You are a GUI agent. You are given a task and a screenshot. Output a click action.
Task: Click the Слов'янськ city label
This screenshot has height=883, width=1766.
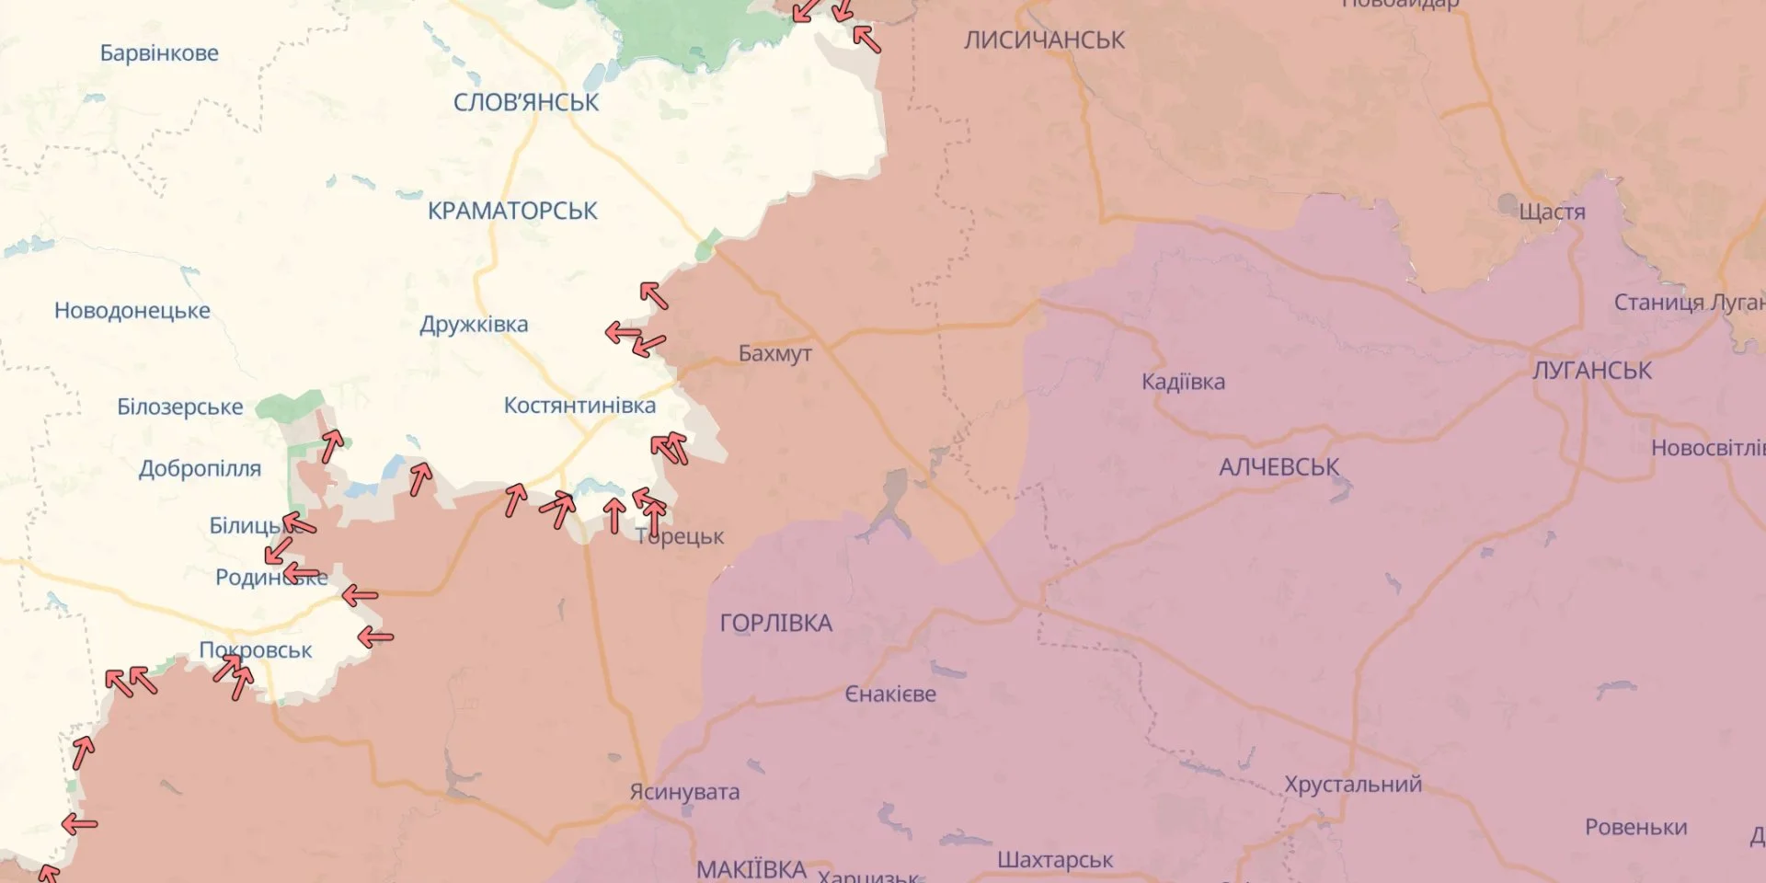[x=525, y=102]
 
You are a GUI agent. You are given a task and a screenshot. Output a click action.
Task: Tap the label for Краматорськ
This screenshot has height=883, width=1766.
[x=512, y=211]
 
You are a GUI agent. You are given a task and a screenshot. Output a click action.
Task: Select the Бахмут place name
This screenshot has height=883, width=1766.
[x=774, y=353]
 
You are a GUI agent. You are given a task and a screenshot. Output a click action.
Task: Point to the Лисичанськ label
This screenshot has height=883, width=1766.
[x=1044, y=40]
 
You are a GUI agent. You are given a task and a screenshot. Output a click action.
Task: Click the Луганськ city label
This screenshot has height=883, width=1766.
[x=1591, y=371]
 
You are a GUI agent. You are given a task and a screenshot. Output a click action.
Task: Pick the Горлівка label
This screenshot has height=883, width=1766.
[x=775, y=624]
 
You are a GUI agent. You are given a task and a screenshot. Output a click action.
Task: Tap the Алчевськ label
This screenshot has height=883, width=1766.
[x=1279, y=467]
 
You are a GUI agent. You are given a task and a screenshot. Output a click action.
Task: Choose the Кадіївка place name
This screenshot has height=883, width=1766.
[x=1183, y=382]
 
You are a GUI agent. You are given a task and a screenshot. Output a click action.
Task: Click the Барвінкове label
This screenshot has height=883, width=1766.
[x=159, y=53]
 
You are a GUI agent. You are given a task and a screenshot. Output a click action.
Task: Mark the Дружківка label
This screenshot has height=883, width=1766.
[x=474, y=325]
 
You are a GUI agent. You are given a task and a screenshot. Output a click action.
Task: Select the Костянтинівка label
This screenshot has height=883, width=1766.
[x=579, y=406]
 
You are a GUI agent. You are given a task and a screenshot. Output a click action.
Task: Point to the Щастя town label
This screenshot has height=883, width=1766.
[x=1552, y=212]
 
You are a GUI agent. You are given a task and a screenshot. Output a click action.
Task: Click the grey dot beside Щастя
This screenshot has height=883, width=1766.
[x=1508, y=203]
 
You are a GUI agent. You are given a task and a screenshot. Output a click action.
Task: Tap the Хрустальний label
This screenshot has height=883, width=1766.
[x=1352, y=785]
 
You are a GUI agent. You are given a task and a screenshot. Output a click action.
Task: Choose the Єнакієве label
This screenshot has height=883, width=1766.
[x=890, y=694]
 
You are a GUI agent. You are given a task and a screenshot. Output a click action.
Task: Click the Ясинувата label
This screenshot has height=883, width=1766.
[x=684, y=792]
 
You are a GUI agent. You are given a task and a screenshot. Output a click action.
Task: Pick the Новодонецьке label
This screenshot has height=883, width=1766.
[x=132, y=311]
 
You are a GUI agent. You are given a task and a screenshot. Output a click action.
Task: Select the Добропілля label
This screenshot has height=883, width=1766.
[x=200, y=469]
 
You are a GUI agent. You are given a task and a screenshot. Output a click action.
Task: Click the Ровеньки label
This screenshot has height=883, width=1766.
[x=1635, y=827]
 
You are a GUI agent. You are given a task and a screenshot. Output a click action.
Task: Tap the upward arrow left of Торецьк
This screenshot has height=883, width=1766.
[x=614, y=515]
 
